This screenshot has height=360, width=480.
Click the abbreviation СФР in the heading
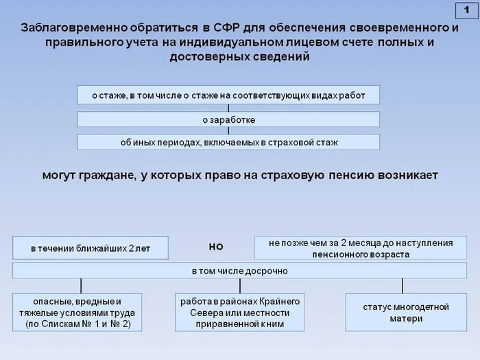pos(221,28)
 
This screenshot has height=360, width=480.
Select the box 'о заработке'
pos(228,119)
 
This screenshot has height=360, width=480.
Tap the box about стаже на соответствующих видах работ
pos(228,95)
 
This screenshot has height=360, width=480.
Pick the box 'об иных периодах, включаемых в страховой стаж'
pos(228,143)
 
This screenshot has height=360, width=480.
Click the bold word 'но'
pos(215,246)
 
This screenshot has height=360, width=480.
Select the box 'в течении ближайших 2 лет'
pos(91,248)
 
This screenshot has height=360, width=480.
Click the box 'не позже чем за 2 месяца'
pos(361,248)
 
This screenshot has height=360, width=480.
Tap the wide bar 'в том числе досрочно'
pos(239,271)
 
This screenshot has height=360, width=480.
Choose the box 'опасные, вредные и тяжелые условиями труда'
pos(77,313)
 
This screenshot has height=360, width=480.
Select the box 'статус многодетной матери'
pos(401,313)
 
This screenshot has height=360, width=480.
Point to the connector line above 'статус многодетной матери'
pos(402,286)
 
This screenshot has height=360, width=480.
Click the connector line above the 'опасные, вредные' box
pos(81,286)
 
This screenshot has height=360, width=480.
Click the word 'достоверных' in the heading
pos(203,57)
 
